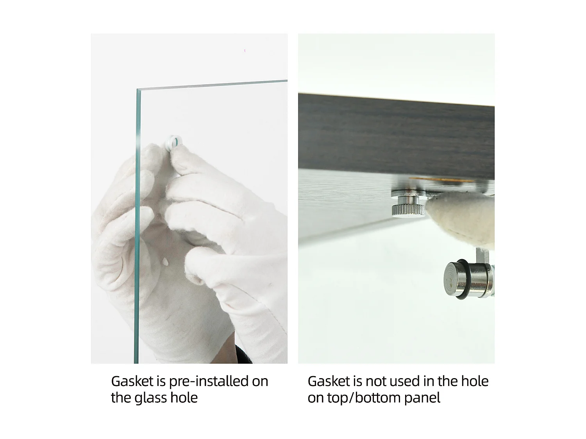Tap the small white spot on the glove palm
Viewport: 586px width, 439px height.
(165, 261)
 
